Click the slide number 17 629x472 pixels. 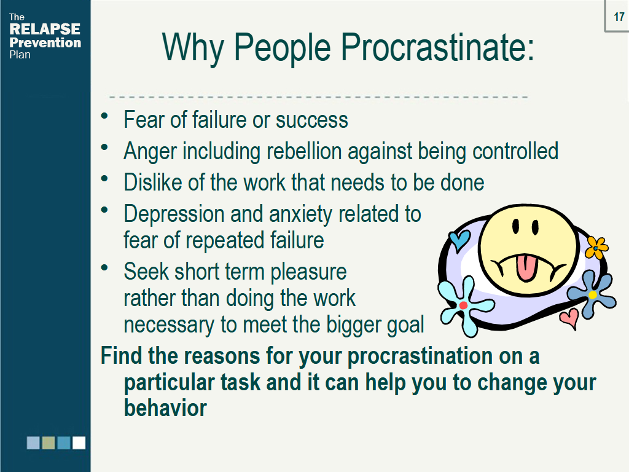[x=619, y=17]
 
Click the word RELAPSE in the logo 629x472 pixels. [x=44, y=29]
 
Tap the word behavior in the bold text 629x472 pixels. [x=165, y=407]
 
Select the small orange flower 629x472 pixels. [x=596, y=247]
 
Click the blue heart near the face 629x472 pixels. [x=459, y=240]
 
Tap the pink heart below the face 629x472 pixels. [x=569, y=318]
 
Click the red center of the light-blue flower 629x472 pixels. [x=463, y=305]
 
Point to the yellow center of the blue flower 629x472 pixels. [x=593, y=295]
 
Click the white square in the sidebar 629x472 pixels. [x=79, y=443]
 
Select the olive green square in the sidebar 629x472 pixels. [x=49, y=443]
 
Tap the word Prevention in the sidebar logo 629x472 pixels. [x=45, y=42]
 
